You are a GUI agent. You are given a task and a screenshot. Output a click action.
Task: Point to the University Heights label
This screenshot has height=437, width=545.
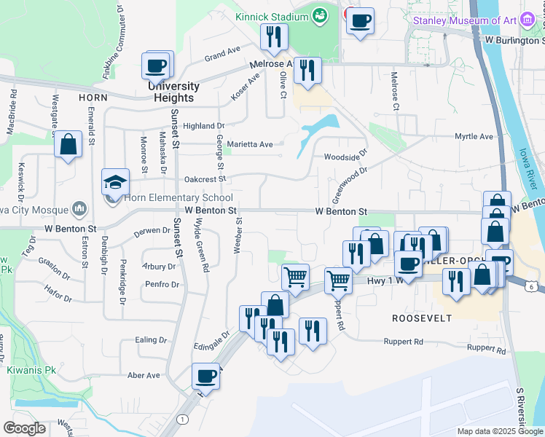click(x=173, y=92)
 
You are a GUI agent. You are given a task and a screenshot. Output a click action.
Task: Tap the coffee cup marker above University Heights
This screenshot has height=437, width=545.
click(x=157, y=66)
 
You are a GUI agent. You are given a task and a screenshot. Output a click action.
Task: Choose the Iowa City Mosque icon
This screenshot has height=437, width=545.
click(x=80, y=210)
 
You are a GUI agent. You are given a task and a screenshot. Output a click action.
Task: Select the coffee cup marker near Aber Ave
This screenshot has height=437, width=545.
click(x=205, y=377)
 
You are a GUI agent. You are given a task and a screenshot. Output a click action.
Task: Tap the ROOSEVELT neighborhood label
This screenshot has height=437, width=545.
click(x=422, y=318)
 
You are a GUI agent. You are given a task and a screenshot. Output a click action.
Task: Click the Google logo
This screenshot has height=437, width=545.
click(x=26, y=428)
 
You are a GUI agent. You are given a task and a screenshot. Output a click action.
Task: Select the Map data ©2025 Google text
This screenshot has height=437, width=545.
click(x=499, y=431)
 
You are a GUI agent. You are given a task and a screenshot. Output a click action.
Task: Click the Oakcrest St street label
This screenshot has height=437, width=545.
click(x=206, y=178)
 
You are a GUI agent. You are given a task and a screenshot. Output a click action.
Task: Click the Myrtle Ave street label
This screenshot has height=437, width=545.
click(x=474, y=136)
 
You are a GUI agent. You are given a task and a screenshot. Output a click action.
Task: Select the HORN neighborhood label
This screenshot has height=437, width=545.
click(x=94, y=97)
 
